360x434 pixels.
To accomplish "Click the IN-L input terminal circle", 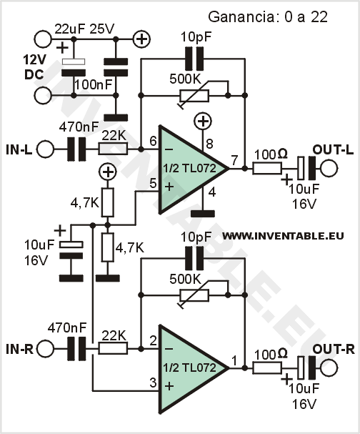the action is point(45,149).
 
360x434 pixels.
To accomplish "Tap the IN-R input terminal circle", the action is point(45,349).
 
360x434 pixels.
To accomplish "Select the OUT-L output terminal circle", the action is point(329,168).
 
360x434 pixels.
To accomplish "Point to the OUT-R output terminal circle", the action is point(329,368).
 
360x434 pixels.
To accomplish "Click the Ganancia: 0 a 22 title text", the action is point(268,17).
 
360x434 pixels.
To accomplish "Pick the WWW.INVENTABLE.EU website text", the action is point(284,236).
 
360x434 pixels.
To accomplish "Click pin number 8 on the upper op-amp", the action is point(209,144).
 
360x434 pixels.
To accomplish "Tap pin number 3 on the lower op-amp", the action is point(153,383).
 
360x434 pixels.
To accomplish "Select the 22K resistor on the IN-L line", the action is point(113,149).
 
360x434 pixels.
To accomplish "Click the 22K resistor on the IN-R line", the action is point(113,348).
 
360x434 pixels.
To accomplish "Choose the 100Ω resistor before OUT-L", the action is point(267,168).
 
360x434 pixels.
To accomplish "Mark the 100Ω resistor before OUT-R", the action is point(267,368).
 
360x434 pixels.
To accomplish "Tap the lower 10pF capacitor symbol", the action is point(194,259).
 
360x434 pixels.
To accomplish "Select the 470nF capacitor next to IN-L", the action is point(77,149).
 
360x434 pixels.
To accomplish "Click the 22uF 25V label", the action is point(84,29).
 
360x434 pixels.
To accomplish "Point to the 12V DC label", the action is point(34,67).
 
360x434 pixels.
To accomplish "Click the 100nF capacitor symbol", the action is point(116,67).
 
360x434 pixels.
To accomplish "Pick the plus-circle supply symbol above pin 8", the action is point(204,122).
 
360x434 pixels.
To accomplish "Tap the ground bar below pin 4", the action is point(203,214).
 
